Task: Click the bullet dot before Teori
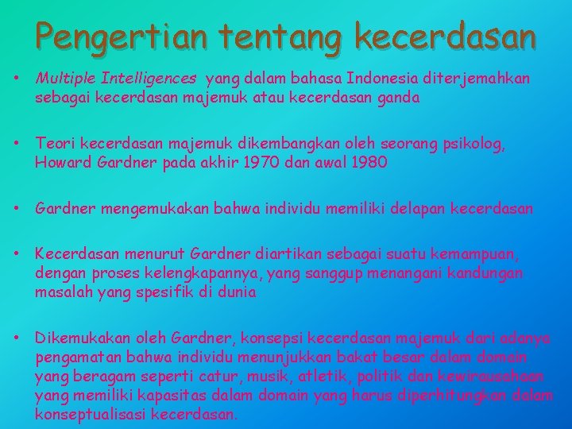(17, 145)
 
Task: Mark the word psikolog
(474, 145)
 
